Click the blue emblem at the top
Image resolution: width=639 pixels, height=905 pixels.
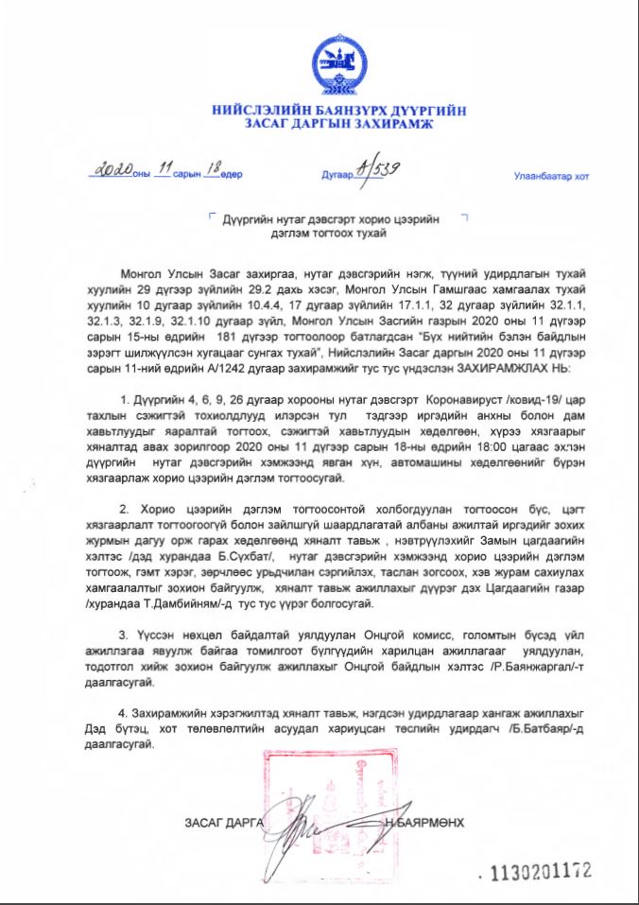pos(337,62)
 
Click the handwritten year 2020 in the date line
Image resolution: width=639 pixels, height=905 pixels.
pos(112,172)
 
